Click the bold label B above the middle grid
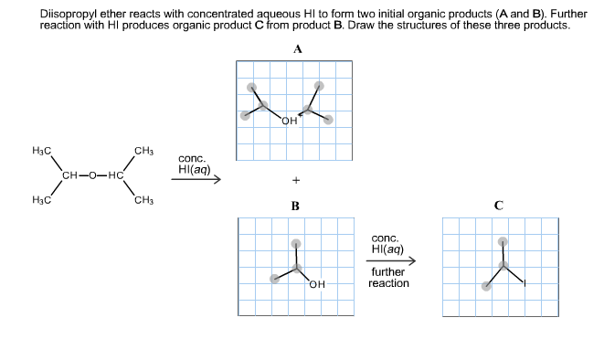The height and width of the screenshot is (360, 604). coord(295,206)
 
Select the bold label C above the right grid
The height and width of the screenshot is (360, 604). coord(498,206)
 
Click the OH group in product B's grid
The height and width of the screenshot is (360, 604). coord(316,284)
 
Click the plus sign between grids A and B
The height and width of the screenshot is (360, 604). coord(296,180)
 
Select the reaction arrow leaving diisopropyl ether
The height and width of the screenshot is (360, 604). coord(196,180)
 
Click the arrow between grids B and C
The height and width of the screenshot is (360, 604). coord(393,262)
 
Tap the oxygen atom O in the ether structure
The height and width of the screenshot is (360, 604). coord(93,175)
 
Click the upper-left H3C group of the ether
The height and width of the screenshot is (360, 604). coord(41,150)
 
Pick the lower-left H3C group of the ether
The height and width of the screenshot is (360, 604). coord(41,199)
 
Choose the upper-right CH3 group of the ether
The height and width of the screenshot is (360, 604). coord(143,150)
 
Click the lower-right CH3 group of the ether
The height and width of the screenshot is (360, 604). coord(143,199)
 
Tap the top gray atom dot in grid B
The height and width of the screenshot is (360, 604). coord(295,243)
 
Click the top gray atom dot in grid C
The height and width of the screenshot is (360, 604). coord(501,243)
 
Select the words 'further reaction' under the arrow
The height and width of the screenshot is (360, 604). coord(388,278)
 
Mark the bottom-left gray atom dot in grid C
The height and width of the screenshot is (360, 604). coord(486,286)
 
